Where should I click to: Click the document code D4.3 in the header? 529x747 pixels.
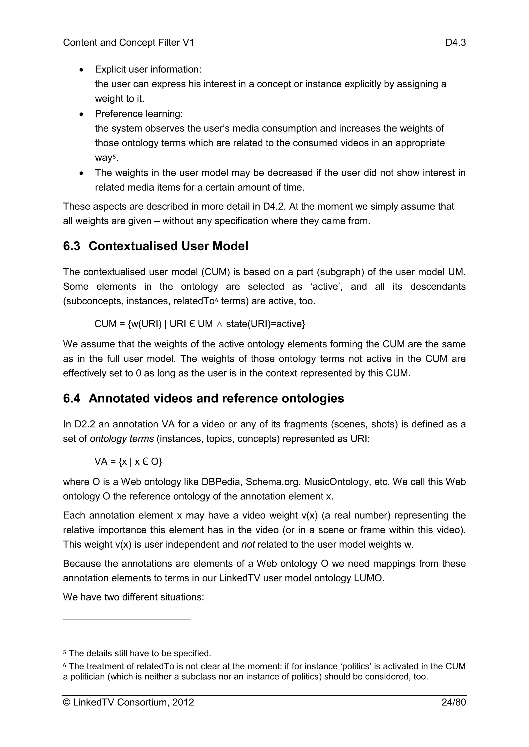click(455, 43)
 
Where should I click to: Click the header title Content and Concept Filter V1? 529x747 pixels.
click(128, 43)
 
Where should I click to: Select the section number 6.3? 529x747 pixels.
click(71, 246)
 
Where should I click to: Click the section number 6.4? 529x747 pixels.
click(71, 399)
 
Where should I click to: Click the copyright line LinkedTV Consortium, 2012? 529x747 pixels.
click(129, 702)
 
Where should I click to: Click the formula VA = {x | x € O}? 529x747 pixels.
click(128, 462)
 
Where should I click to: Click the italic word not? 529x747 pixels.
click(248, 545)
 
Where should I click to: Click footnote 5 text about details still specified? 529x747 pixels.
click(140, 653)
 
